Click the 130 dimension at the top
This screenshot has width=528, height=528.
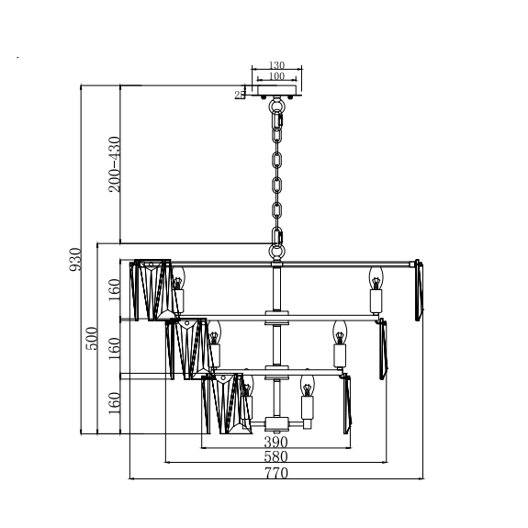point(276,64)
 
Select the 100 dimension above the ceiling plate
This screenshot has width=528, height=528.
point(276,76)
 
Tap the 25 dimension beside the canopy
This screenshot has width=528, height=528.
point(240,95)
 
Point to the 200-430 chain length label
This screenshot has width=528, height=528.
point(115,164)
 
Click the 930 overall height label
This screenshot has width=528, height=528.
point(75,259)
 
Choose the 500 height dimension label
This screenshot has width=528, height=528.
point(92,339)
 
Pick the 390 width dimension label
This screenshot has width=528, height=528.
point(275,442)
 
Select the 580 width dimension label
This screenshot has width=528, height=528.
point(275,456)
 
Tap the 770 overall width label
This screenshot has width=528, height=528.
point(276,473)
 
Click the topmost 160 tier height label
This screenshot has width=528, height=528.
point(115,289)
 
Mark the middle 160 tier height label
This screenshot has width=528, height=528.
point(115,349)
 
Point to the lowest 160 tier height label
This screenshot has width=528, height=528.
point(115,403)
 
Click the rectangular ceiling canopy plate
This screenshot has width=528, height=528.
point(276,90)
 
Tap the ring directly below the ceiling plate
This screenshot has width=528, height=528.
point(276,107)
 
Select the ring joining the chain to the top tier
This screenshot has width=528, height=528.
point(276,252)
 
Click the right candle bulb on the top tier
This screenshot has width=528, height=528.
point(376,278)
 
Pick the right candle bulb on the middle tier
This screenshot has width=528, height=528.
point(340,332)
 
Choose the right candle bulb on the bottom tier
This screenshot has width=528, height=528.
point(307,386)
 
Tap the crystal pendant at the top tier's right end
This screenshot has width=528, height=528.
point(419,290)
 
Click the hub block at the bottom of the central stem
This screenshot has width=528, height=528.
point(276,424)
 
